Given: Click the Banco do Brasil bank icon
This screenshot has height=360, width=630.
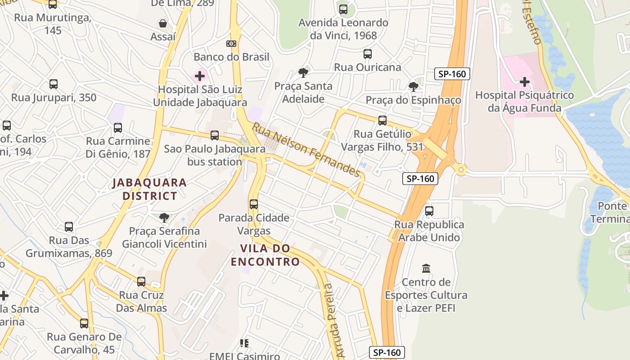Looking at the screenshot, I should click(x=231, y=44).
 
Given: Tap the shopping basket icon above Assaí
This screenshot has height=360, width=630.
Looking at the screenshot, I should click(x=163, y=23).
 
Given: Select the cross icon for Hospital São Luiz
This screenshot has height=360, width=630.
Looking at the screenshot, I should click(x=200, y=76).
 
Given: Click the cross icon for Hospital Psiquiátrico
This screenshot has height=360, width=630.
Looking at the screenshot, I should click(x=524, y=82).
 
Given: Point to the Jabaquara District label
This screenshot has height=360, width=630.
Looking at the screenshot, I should click(x=149, y=189).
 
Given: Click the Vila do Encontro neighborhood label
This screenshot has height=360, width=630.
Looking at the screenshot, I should click(x=265, y=255).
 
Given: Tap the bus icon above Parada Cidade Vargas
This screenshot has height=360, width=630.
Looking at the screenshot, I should click(x=254, y=204).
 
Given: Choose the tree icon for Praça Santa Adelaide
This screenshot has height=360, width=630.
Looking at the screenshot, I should click(x=303, y=72).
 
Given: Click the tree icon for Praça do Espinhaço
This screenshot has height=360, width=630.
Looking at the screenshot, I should click(x=413, y=86).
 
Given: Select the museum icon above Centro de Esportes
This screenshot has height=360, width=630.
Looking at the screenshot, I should click(x=426, y=269).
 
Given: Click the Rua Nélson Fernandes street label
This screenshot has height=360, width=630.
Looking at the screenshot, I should click(x=306, y=150).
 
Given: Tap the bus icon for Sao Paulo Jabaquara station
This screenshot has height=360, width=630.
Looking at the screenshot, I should click(x=215, y=135).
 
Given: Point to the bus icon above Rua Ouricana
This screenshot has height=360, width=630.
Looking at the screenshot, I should click(x=368, y=54).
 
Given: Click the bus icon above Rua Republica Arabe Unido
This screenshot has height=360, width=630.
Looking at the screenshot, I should click(x=429, y=211).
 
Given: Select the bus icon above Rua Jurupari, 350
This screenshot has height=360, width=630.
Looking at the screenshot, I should click(x=54, y=84).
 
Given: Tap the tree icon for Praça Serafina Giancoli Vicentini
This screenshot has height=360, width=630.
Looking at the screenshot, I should click(x=164, y=218).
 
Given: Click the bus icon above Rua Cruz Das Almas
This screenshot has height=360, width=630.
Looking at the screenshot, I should click(x=141, y=282).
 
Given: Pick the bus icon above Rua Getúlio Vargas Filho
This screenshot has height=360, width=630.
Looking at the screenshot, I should click(x=382, y=121).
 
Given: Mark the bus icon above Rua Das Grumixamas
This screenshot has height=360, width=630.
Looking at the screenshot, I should click(x=69, y=227).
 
